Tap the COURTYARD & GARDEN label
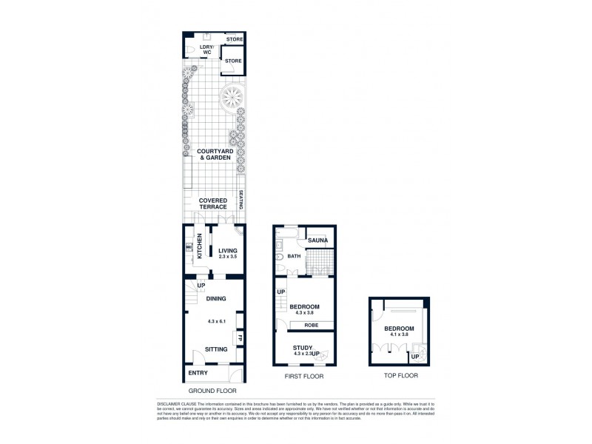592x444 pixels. coord(212,154)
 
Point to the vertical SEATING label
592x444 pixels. coord(241,201)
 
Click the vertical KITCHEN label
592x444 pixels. coord(199,246)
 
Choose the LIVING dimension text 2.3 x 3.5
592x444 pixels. coord(223,256)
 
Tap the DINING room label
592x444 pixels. coord(215,298)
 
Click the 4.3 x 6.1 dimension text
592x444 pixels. coord(215,321)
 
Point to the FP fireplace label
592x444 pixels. coord(240,339)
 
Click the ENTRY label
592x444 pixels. coord(198,373)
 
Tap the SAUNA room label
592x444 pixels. coord(317,240)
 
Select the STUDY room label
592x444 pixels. coord(302,348)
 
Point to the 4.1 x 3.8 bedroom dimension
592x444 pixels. coord(399,334)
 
